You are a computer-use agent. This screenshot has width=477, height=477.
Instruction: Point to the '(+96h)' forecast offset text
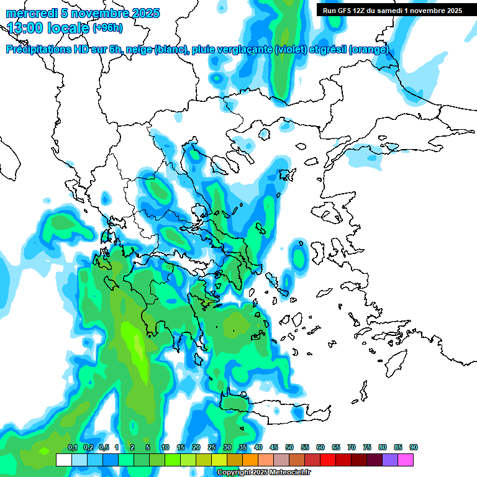point(108,28)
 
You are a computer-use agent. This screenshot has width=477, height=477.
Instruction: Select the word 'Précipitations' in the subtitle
point(38,50)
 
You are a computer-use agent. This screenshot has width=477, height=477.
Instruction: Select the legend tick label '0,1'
point(72,447)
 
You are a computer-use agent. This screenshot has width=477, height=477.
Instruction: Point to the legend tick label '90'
point(414,447)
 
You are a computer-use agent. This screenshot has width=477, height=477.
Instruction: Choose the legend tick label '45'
point(274,447)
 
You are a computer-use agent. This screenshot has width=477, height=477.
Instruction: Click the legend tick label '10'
point(165,447)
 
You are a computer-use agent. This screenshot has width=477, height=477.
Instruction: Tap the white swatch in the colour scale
point(63,460)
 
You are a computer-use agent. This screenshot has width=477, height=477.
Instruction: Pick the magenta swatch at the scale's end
point(406,460)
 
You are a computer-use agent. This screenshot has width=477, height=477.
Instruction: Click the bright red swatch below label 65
point(328,460)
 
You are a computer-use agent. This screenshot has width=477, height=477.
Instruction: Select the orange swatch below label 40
point(250,460)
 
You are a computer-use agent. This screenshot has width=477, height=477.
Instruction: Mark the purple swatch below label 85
point(390,460)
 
